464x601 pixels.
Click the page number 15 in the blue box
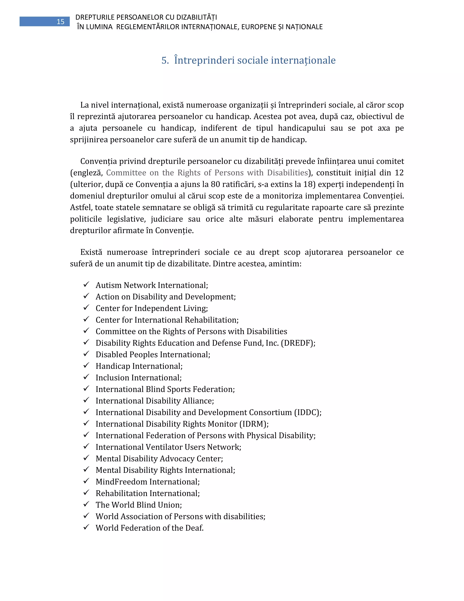coord(60,22)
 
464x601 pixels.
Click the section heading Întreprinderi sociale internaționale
coord(254,60)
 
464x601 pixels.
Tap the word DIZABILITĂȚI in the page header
coord(196,17)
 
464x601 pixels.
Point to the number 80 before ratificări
coord(215,184)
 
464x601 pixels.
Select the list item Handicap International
coord(139,366)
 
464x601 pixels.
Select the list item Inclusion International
coord(138,378)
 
